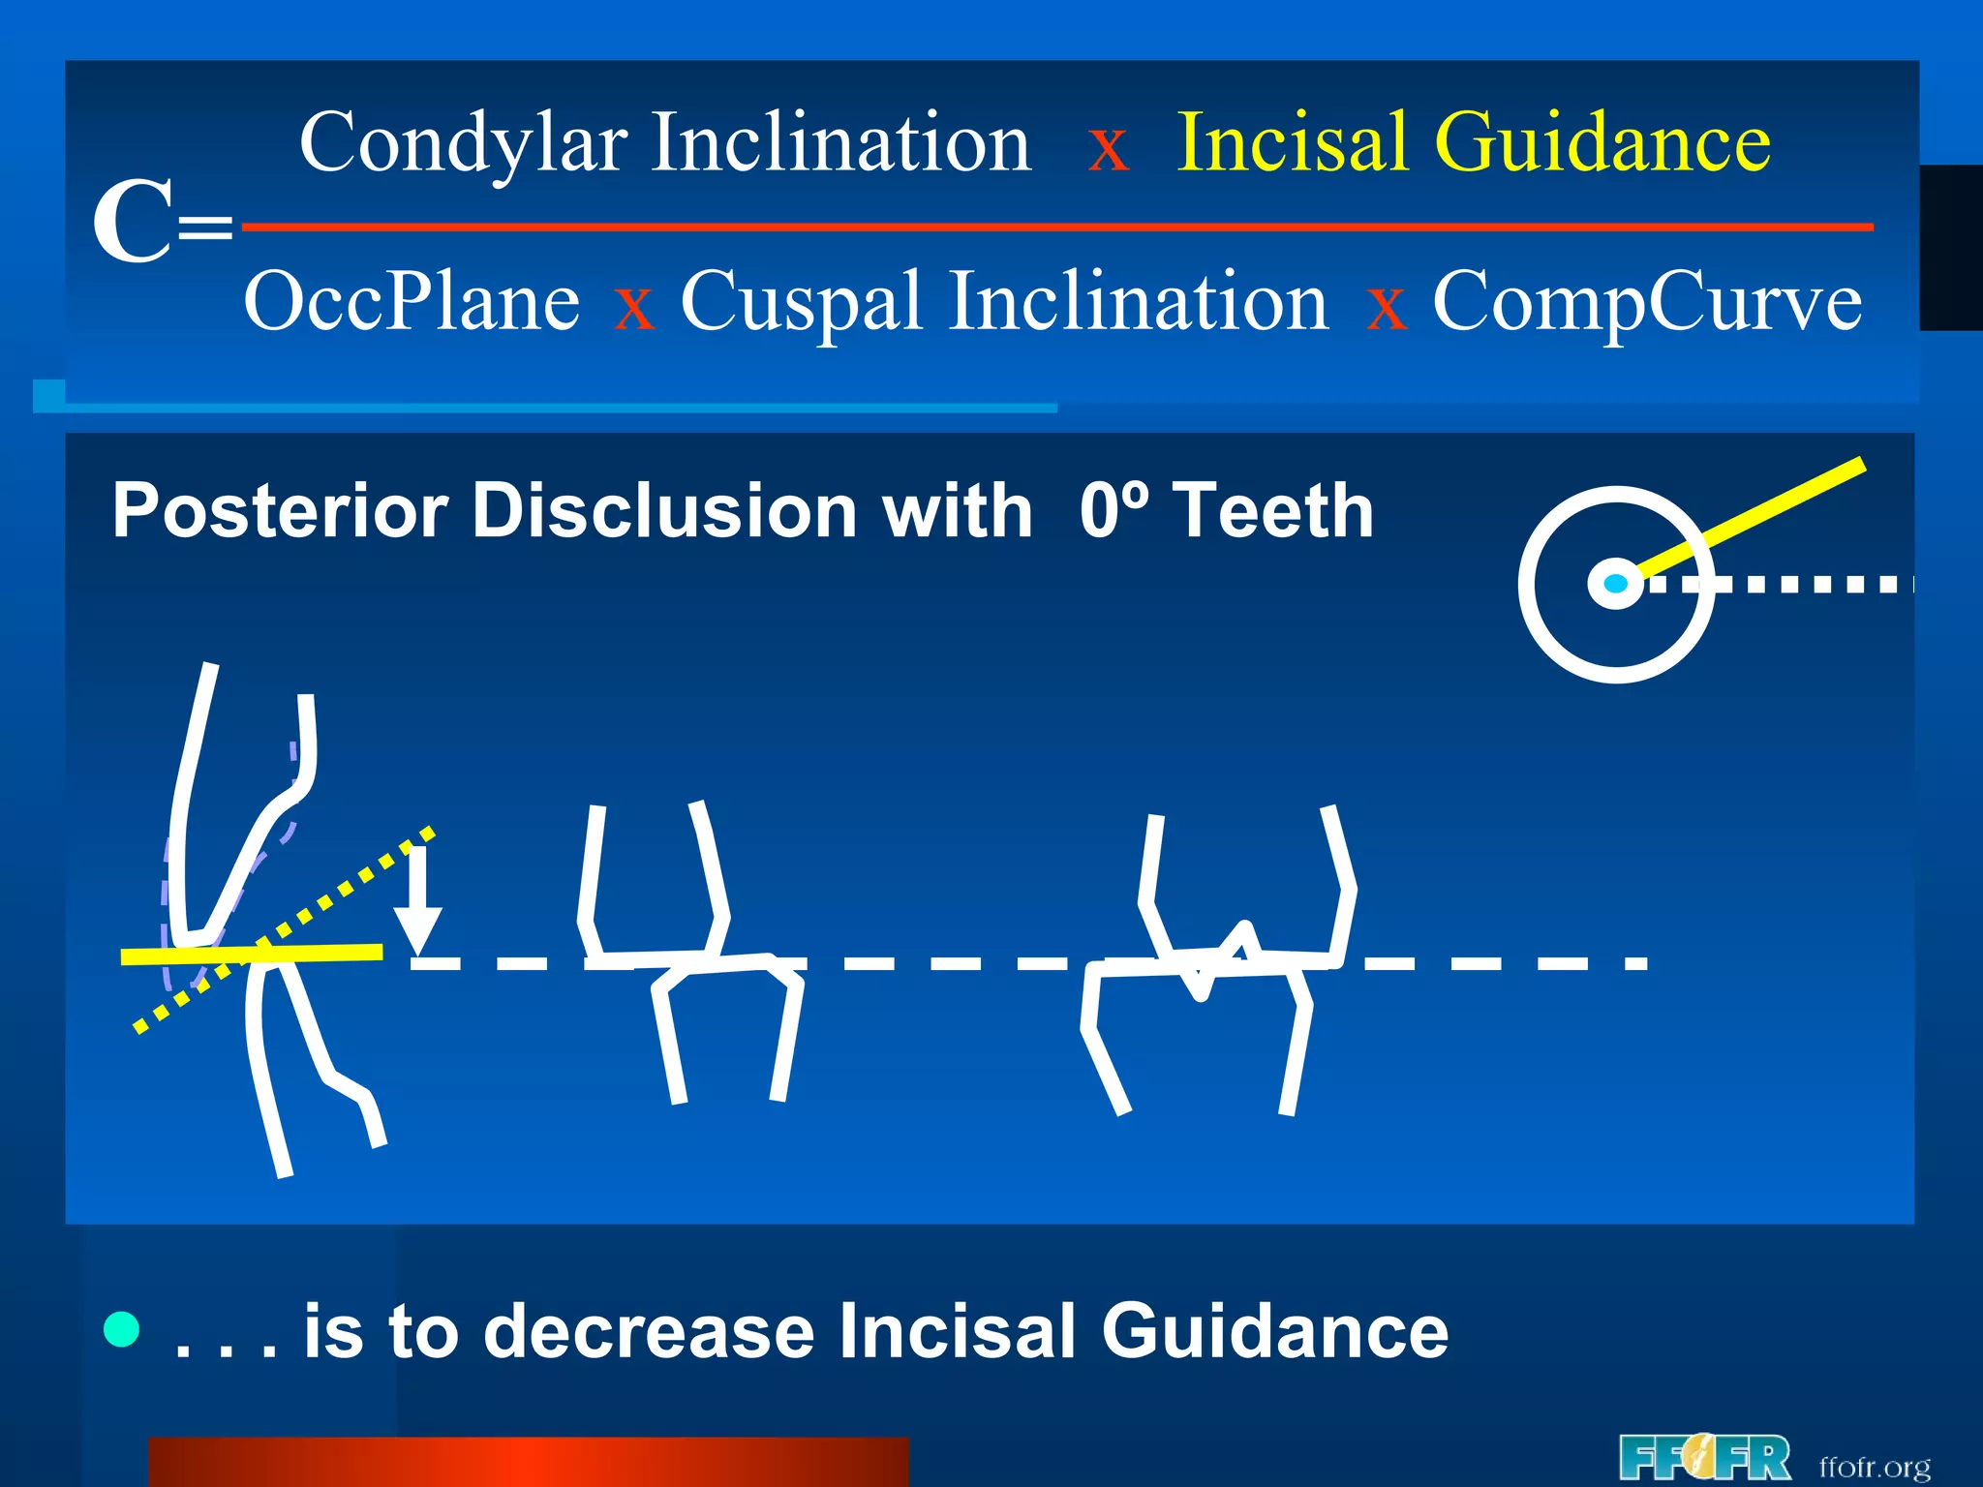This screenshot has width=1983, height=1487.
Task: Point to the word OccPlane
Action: coord(412,302)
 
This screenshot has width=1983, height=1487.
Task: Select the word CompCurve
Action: coord(1646,302)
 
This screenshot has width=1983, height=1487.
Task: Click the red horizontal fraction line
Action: coord(1055,228)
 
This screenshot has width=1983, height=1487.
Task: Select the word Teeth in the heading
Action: coord(1273,511)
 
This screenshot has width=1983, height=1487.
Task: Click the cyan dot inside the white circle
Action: coord(1615,584)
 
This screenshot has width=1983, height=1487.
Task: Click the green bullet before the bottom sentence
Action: coord(122,1329)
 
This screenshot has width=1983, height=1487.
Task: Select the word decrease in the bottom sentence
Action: coord(649,1331)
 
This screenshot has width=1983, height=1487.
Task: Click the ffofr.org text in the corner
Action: coord(1875,1466)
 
